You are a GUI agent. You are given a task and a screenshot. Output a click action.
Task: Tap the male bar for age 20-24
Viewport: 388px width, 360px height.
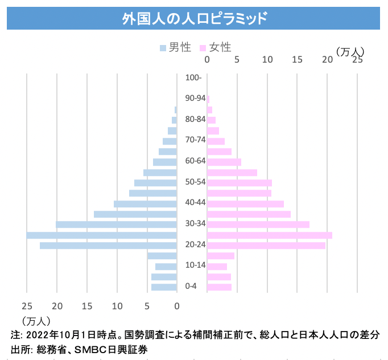tap(108, 246)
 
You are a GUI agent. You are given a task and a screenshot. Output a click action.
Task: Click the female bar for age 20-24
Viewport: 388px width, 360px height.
tap(266, 246)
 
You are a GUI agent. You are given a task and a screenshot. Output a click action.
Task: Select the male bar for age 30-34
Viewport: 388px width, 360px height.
tap(116, 224)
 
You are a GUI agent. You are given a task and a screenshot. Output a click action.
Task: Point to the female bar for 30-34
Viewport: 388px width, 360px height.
tap(258, 224)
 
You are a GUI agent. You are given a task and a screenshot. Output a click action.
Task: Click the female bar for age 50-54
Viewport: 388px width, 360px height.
tap(239, 183)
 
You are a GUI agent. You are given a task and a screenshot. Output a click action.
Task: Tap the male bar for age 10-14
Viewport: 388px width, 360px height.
tap(166, 267)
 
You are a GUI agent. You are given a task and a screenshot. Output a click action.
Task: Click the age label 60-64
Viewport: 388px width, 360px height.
tap(195, 161)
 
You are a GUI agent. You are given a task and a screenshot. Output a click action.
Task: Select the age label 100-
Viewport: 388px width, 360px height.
tap(194, 77)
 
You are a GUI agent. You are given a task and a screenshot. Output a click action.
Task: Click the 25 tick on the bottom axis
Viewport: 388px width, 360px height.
tap(27, 306)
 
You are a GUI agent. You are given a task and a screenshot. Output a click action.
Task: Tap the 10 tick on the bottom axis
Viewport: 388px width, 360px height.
tap(117, 306)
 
